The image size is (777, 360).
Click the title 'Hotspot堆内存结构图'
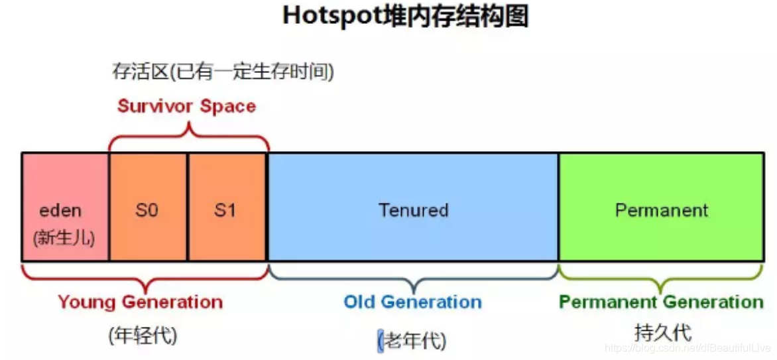(405, 17)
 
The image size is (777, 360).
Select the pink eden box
(65, 192)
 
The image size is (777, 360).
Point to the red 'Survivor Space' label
(186, 106)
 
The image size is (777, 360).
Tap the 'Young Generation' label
(141, 302)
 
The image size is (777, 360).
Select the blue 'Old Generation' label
(412, 302)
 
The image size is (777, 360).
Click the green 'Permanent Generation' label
(661, 302)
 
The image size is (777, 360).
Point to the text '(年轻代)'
(143, 335)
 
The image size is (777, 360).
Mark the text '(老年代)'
(412, 341)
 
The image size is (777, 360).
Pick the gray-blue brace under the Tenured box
(413, 278)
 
